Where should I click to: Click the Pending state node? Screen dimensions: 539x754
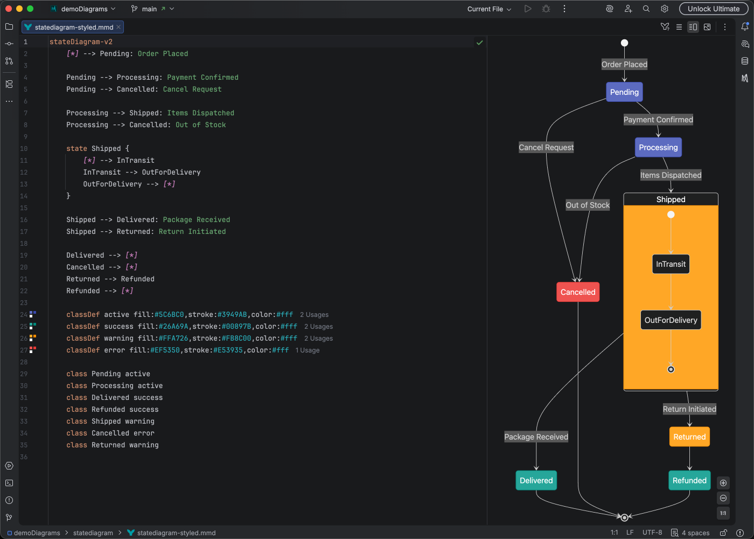(x=624, y=92)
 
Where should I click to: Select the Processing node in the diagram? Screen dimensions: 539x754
(x=658, y=147)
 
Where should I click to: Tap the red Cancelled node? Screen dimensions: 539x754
(x=578, y=292)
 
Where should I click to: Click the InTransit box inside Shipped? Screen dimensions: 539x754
(x=671, y=264)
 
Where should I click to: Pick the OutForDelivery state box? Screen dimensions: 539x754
(x=671, y=320)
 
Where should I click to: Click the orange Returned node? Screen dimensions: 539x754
(x=689, y=437)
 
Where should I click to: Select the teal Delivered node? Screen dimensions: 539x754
(x=536, y=481)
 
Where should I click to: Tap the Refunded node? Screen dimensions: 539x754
(x=689, y=481)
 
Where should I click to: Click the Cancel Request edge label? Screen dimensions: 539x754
(x=546, y=148)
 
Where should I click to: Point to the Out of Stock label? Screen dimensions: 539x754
(x=588, y=205)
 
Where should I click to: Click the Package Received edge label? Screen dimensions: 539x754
(x=536, y=437)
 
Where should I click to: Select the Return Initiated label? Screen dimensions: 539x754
(x=689, y=409)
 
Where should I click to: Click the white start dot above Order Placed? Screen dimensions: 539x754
(x=624, y=43)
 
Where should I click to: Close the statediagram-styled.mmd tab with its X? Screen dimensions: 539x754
(x=118, y=27)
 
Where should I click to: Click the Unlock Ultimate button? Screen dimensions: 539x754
(x=713, y=9)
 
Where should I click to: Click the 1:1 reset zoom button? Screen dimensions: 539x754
(x=723, y=513)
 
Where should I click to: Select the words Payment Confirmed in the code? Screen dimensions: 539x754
(x=203, y=78)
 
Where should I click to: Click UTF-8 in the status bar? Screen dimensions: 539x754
(x=652, y=533)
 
